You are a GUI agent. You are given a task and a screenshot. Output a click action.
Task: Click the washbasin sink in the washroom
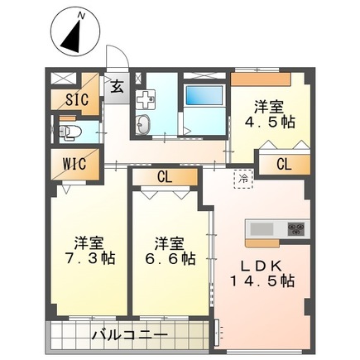click(143, 124)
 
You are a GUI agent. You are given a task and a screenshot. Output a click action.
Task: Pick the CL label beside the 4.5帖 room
click(284, 163)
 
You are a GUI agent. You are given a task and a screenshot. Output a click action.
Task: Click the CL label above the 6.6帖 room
click(164, 175)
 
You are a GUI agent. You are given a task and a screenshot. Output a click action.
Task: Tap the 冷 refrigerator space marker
click(243, 177)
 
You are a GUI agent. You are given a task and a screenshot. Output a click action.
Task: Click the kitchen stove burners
click(296, 228)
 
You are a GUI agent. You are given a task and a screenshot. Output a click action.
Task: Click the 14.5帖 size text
click(264, 282)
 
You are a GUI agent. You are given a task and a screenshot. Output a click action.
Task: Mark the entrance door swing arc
click(118, 55)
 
